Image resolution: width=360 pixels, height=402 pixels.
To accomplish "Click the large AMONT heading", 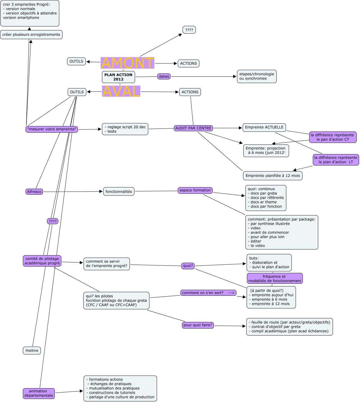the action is [127, 63].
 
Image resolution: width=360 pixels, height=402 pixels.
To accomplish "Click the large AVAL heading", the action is [121, 91].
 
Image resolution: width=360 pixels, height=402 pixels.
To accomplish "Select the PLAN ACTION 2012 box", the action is [118, 77].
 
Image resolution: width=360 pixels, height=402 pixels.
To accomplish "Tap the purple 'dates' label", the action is [164, 76].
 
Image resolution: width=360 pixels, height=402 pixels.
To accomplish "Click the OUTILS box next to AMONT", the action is [76, 61].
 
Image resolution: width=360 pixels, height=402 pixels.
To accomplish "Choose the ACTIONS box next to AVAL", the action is [190, 92].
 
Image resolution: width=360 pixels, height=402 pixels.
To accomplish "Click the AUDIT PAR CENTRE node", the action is [193, 128].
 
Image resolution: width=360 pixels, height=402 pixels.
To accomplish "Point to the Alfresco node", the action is [34, 192].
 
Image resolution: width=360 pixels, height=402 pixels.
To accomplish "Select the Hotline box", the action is [32, 351].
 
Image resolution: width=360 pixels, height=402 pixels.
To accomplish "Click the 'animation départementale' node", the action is [39, 393].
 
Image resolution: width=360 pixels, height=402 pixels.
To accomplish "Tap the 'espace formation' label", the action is [195, 190].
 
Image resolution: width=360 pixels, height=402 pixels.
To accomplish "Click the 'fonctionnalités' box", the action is [119, 191].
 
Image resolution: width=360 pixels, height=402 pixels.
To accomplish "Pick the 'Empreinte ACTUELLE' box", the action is [264, 127].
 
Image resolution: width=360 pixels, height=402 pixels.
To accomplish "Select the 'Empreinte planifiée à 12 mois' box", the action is [273, 176].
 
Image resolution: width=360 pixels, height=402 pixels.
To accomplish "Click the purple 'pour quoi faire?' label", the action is [198, 325].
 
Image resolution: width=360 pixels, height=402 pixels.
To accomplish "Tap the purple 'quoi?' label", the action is [188, 266].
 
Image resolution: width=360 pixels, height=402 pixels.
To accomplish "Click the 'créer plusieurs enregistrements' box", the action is [31, 35].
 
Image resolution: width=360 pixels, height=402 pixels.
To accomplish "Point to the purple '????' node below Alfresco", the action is [53, 221].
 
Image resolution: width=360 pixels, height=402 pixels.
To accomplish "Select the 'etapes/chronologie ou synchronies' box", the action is [257, 76].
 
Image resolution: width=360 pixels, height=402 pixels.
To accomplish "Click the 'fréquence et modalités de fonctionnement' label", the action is [275, 279].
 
